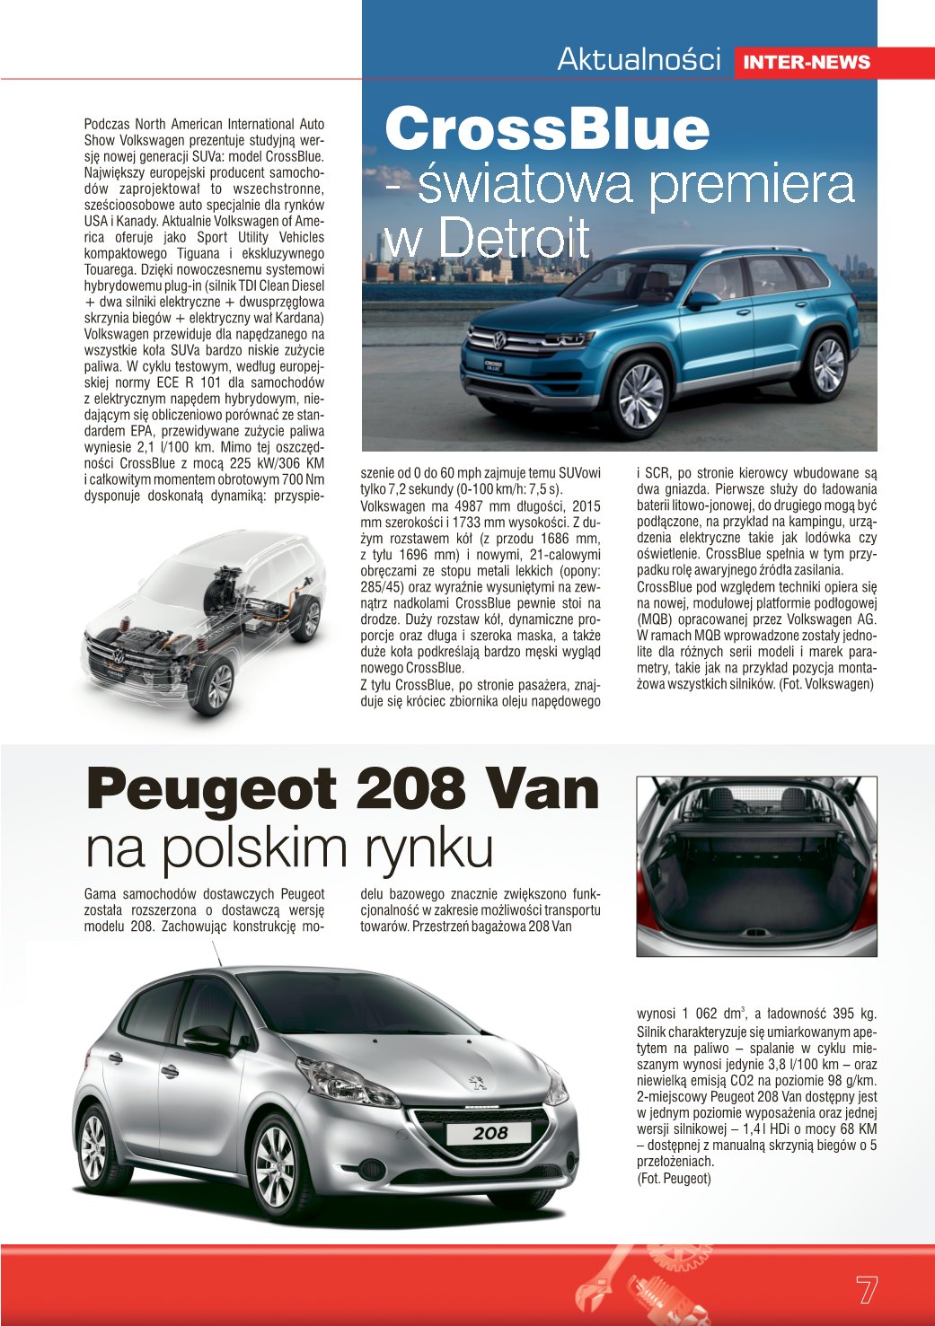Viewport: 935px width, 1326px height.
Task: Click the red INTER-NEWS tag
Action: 807,62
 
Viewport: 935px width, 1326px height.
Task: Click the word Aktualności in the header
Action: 639,59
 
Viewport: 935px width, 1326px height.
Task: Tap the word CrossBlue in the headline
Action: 547,129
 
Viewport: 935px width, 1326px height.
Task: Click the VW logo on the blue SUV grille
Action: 501,340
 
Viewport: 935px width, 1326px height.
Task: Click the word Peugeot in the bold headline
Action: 212,790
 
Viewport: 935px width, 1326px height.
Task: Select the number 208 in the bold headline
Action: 411,790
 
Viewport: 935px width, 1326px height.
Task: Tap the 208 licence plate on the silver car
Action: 490,1133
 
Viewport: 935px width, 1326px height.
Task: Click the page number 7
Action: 866,1290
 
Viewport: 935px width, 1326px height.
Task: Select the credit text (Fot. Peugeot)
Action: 674,1178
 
